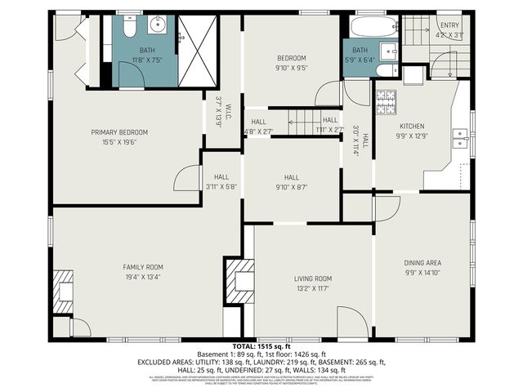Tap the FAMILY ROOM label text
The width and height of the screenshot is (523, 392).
tap(143, 267)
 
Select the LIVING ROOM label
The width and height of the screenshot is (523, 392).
tap(313, 278)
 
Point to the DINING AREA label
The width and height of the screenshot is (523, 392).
tap(422, 263)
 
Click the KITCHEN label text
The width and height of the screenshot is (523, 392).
tap(411, 126)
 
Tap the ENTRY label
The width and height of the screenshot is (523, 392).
tap(449, 25)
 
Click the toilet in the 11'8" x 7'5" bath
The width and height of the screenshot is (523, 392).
tap(128, 29)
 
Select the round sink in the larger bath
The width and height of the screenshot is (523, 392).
tap(157, 26)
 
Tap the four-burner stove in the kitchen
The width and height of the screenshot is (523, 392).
tap(385, 100)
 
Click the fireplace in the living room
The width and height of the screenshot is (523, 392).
tap(239, 281)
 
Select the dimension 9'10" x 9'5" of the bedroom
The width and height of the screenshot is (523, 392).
tap(291, 69)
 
